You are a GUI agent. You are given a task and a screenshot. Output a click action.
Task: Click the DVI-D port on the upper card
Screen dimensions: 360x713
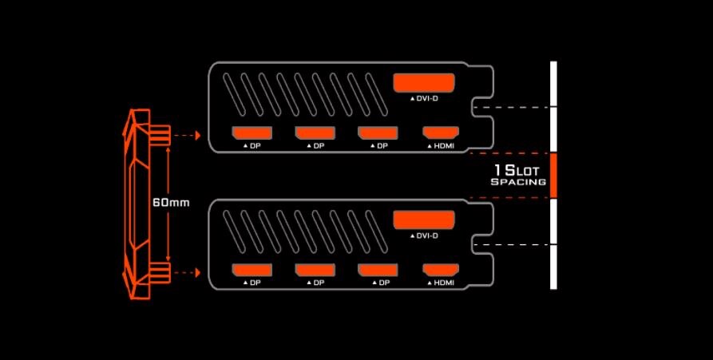tap(424, 83)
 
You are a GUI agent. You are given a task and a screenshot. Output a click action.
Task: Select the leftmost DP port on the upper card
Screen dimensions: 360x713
tap(251, 133)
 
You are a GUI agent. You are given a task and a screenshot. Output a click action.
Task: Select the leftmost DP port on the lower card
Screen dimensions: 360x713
tap(251, 270)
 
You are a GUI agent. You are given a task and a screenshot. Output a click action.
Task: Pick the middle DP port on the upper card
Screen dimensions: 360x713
tap(314, 133)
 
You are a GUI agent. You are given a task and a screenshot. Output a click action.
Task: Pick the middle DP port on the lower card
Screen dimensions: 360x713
tap(314, 270)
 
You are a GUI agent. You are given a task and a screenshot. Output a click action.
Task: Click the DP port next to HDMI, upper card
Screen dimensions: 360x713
tap(377, 133)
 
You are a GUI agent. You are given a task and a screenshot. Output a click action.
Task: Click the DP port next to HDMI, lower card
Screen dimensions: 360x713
tap(377, 270)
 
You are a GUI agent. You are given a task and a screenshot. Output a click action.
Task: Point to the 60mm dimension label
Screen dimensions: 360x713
tap(170, 203)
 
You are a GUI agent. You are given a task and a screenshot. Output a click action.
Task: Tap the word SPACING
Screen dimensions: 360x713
tap(518, 183)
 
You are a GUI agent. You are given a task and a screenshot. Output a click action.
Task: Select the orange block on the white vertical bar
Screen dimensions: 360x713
tap(553, 175)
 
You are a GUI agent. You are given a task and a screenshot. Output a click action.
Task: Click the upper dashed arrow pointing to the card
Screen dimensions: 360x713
tap(186, 136)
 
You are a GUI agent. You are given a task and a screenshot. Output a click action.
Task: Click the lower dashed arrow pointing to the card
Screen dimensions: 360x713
tap(186, 272)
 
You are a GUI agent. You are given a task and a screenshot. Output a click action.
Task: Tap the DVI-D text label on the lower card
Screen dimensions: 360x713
tap(427, 235)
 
